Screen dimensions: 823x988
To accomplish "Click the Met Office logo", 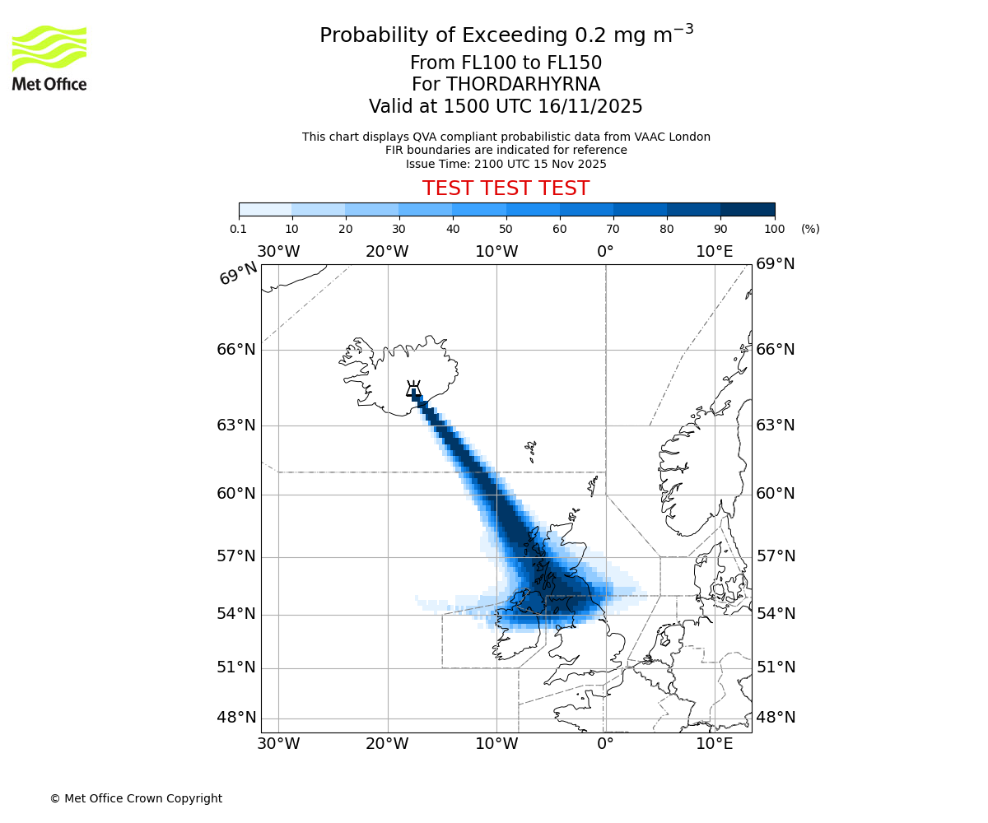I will click(49, 58).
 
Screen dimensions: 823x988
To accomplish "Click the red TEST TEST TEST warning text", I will click(506, 189).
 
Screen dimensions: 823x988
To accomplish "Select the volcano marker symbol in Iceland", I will click(413, 389).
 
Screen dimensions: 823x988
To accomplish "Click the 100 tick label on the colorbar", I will click(775, 229).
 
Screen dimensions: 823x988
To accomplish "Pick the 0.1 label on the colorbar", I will click(239, 229).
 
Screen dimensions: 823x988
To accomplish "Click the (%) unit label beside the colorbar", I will click(810, 229).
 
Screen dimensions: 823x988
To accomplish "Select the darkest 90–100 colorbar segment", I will click(748, 210).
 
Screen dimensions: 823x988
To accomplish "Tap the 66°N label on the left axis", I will click(236, 350).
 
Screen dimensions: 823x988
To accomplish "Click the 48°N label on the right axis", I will click(776, 718).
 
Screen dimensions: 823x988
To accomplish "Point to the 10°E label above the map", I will click(714, 252).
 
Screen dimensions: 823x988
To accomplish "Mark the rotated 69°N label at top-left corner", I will click(238, 274).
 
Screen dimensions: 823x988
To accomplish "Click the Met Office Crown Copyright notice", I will click(136, 798).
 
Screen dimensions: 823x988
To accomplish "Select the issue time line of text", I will click(506, 164).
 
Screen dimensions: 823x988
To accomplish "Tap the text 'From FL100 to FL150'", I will click(506, 63).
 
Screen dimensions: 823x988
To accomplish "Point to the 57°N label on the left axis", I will click(236, 556).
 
